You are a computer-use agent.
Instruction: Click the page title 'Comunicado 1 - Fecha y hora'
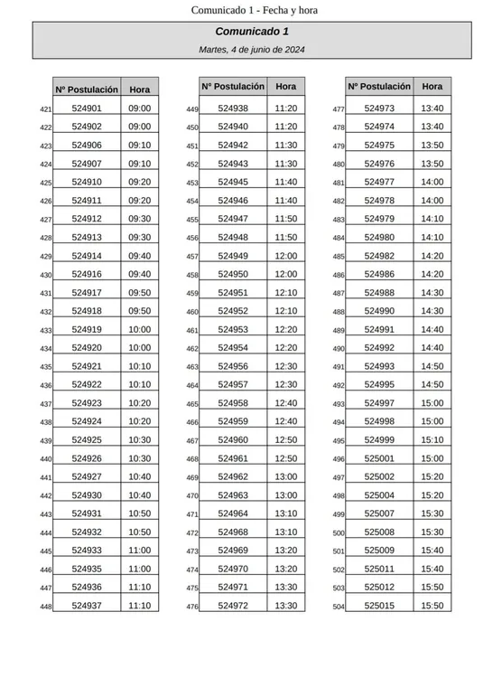point(254,10)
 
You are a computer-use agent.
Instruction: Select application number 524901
point(87,108)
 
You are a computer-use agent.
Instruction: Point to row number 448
point(46,607)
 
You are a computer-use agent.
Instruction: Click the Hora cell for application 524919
point(140,329)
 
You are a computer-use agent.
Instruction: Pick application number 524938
point(233,108)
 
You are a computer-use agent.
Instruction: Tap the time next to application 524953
point(286,329)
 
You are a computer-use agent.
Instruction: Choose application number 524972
point(233,606)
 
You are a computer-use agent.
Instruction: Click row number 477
point(339,109)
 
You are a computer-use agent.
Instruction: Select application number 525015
point(379,606)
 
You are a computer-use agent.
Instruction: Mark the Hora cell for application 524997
point(432,403)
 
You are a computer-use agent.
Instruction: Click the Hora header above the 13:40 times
point(432,87)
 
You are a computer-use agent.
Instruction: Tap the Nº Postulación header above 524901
point(87,89)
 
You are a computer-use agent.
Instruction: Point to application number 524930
point(87,495)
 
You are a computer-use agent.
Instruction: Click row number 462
point(192,349)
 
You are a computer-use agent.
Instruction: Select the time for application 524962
point(286,476)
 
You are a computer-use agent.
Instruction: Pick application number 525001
point(379,458)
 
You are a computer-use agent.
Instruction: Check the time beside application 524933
point(140,551)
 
